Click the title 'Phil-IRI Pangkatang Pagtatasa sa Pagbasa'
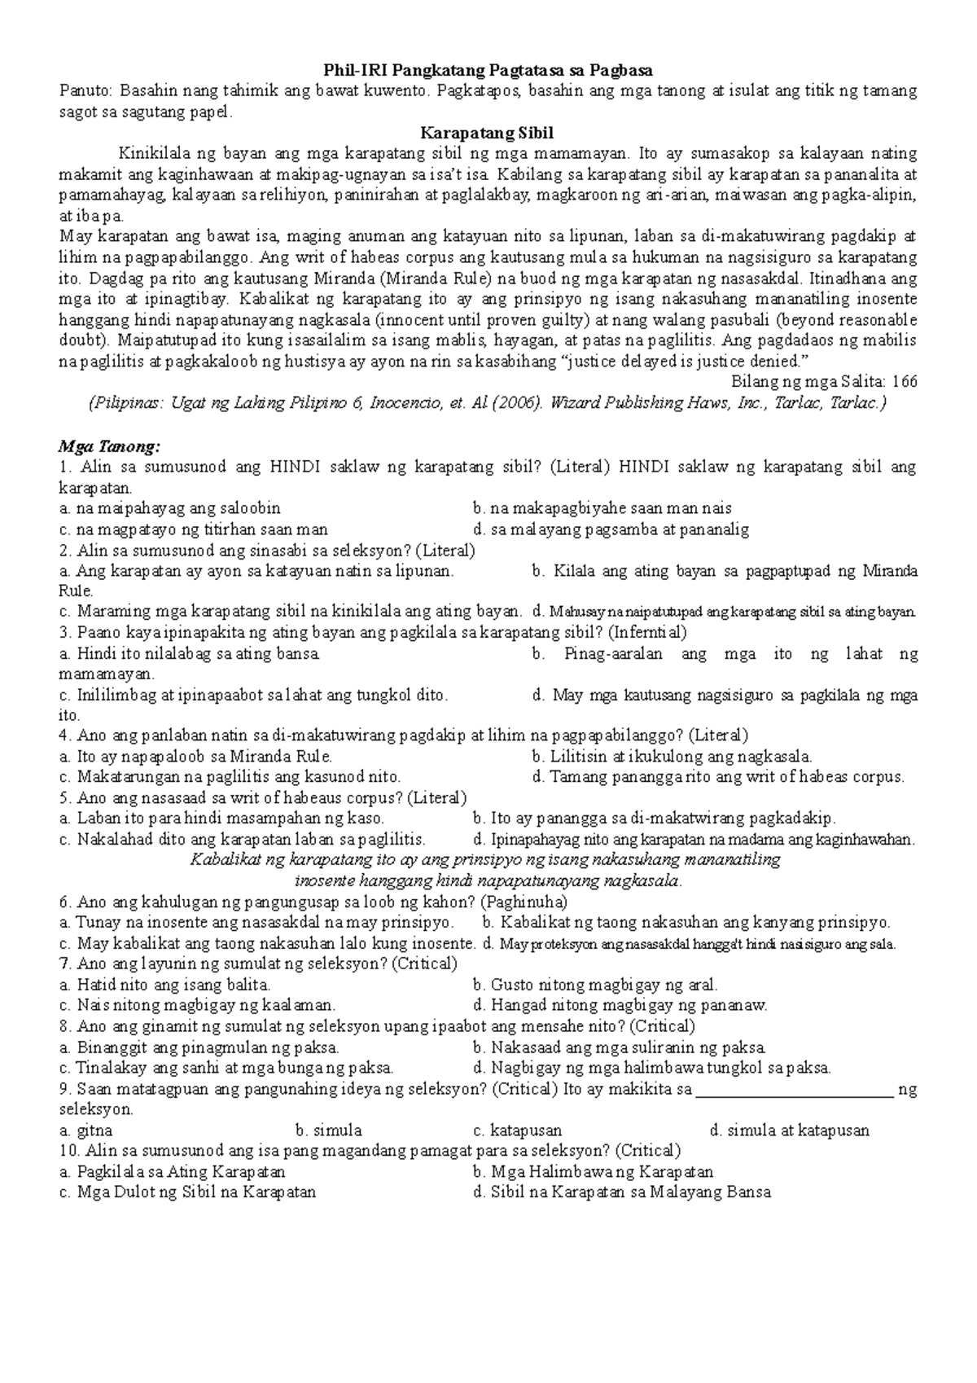[x=488, y=71]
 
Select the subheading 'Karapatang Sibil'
[x=487, y=133]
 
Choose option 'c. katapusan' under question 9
[x=517, y=1131]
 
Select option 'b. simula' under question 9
[x=329, y=1131]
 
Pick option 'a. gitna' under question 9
[x=86, y=1131]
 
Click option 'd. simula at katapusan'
[x=790, y=1131]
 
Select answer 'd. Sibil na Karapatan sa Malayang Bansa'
[x=621, y=1192]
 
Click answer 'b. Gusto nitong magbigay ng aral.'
[x=595, y=986]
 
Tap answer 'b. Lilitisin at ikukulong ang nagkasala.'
[x=673, y=757]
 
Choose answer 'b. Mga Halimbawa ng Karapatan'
[x=593, y=1172]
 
